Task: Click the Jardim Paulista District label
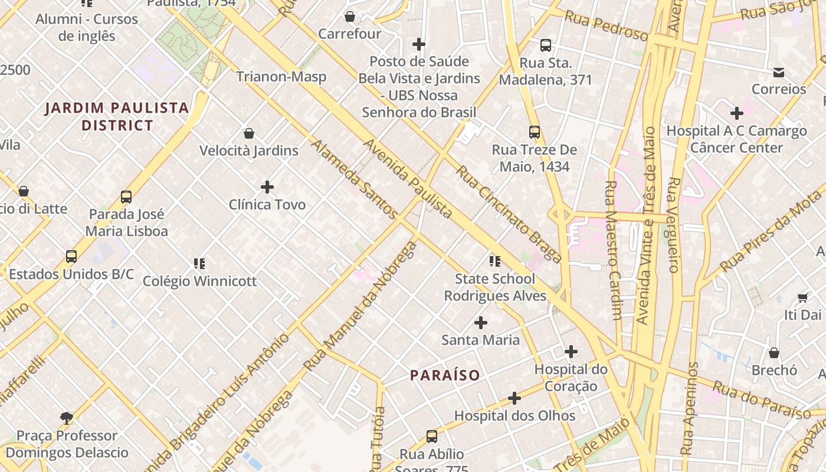(117, 116)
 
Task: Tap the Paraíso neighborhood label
(445, 375)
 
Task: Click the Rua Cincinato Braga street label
(509, 214)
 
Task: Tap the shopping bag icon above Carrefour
(350, 17)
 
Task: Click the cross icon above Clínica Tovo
(267, 187)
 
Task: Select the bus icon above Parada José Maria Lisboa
(126, 196)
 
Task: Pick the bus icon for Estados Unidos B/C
(71, 257)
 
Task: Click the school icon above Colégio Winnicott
(199, 263)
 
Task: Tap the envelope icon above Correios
(779, 72)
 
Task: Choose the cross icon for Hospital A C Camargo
(736, 113)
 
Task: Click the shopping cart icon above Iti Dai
(802, 297)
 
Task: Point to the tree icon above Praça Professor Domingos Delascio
(67, 418)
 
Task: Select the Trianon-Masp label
(281, 77)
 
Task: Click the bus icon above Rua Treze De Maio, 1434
(535, 132)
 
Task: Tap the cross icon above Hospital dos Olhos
(514, 398)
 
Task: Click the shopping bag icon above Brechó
(774, 353)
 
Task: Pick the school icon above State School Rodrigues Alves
(495, 261)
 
